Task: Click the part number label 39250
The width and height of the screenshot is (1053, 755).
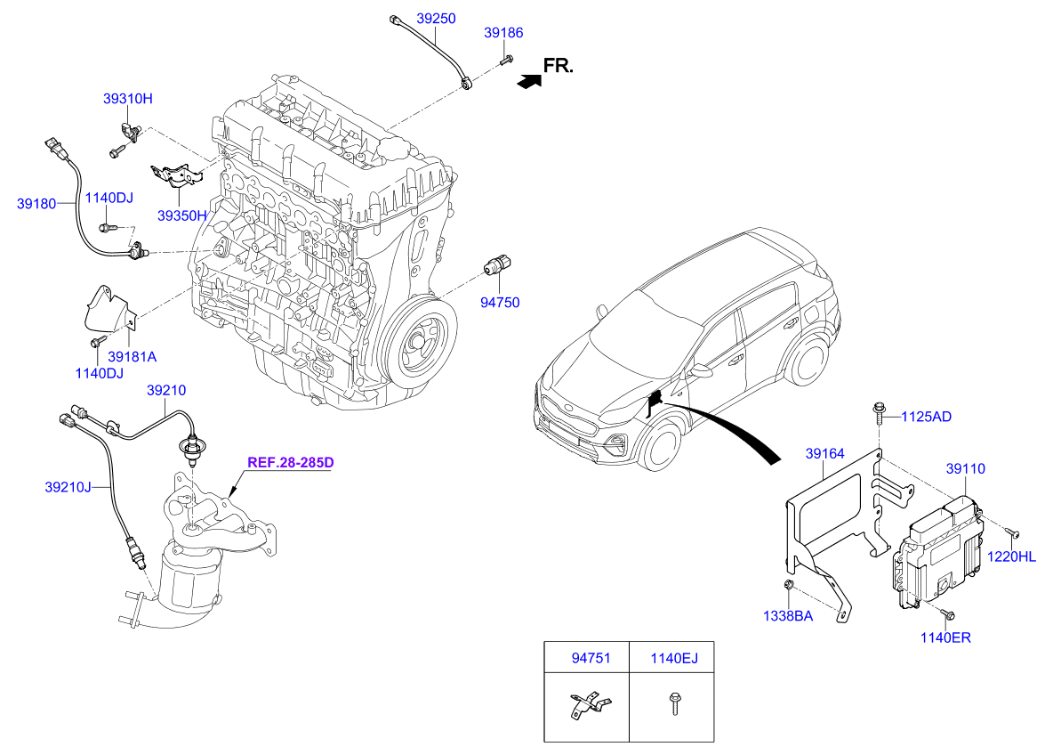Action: click(x=436, y=19)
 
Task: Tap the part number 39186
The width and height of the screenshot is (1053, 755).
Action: click(x=503, y=33)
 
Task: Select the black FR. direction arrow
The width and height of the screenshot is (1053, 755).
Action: click(x=530, y=81)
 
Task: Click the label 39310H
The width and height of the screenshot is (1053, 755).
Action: click(x=127, y=99)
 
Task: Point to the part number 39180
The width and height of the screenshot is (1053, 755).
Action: click(x=36, y=204)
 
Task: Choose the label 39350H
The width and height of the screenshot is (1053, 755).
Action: click(x=182, y=215)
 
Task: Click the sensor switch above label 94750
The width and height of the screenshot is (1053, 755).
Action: click(x=498, y=265)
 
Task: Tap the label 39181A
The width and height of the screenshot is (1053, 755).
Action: click(x=133, y=357)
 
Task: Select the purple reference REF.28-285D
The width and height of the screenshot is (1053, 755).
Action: click(x=290, y=463)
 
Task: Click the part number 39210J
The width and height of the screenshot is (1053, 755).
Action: click(x=68, y=487)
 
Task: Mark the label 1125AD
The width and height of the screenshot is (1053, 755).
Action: click(x=926, y=417)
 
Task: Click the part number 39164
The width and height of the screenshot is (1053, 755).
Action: click(x=824, y=454)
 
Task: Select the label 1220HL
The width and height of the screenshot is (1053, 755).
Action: click(x=1011, y=556)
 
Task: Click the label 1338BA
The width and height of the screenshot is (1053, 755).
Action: click(x=788, y=616)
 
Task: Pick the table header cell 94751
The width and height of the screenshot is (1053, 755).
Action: click(x=591, y=658)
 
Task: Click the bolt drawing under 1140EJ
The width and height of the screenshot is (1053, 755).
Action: click(x=674, y=704)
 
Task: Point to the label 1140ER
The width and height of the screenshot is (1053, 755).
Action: click(x=945, y=637)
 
